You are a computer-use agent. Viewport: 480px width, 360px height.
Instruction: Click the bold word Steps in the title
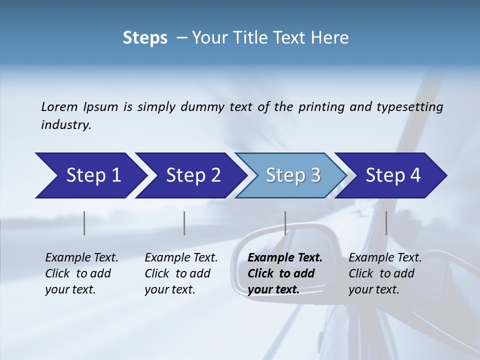145,37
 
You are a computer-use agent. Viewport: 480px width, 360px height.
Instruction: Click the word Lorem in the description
59,106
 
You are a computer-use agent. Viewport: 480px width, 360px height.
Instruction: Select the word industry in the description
66,124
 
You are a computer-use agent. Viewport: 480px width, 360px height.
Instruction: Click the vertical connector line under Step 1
84,223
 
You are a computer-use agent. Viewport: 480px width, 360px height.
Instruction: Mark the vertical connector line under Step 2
184,223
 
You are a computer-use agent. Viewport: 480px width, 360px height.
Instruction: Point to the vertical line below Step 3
285,223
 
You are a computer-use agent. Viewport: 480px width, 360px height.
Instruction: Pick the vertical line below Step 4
386,223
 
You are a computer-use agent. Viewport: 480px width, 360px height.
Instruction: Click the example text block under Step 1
81,273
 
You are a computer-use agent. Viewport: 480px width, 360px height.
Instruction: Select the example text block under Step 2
181,273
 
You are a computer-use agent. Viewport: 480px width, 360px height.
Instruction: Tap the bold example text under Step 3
285,273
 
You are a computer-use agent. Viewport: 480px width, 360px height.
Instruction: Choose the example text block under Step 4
385,273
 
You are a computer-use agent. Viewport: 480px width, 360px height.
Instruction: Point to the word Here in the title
332,37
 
